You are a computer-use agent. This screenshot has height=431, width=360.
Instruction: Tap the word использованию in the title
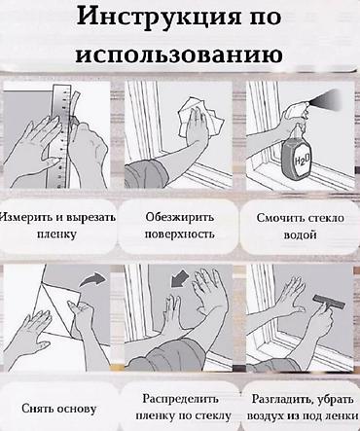coord(179,54)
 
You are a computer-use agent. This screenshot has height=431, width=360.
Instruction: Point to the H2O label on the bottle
coord(302,160)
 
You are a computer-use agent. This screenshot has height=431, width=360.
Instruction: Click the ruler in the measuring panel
coord(61,136)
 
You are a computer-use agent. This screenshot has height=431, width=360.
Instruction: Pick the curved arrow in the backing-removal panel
coord(93,280)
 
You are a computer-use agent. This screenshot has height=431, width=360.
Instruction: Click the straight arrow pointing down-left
coord(179,279)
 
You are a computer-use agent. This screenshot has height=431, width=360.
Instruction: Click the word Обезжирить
coord(180,217)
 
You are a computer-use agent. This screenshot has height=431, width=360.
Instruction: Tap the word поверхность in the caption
coord(179,233)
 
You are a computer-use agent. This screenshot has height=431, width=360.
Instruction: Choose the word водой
coord(301,234)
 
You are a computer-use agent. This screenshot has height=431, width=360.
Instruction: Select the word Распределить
coord(180,399)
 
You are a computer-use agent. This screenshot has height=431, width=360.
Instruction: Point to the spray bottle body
coord(296,158)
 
